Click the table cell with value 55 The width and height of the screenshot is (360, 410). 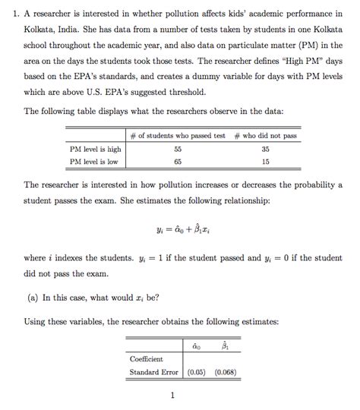pos(177,150)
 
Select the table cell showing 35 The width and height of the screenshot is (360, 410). pos(265,150)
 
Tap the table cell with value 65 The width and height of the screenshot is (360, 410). pos(177,162)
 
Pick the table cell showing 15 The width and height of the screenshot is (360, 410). pos(265,162)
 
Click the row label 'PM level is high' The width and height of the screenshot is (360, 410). pos(96,150)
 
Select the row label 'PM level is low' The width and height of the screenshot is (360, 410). pos(93,162)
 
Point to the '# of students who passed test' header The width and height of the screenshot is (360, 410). pos(177,136)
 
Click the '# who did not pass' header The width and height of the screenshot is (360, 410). pos(265,136)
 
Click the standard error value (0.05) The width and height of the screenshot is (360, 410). pos(196,372)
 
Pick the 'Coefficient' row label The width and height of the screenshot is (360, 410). pos(146,358)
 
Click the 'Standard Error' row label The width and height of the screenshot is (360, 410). pos(153,372)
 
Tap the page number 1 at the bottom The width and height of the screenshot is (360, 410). pos(173,395)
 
